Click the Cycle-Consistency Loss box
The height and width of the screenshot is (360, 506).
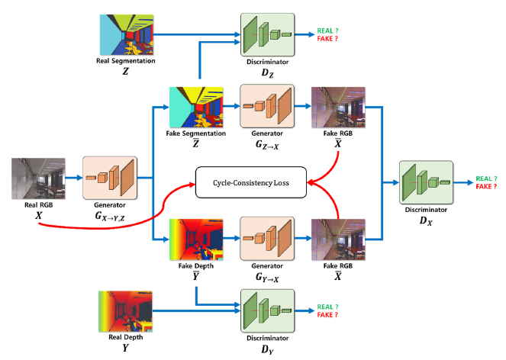tap(250, 182)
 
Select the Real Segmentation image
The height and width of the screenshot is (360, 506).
tap(126, 33)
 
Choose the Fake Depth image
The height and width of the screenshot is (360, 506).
tap(195, 239)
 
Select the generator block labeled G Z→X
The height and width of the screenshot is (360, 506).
tap(266, 106)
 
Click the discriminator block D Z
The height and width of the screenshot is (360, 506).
tap(267, 34)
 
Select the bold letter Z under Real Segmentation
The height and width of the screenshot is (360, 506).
tap(126, 69)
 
